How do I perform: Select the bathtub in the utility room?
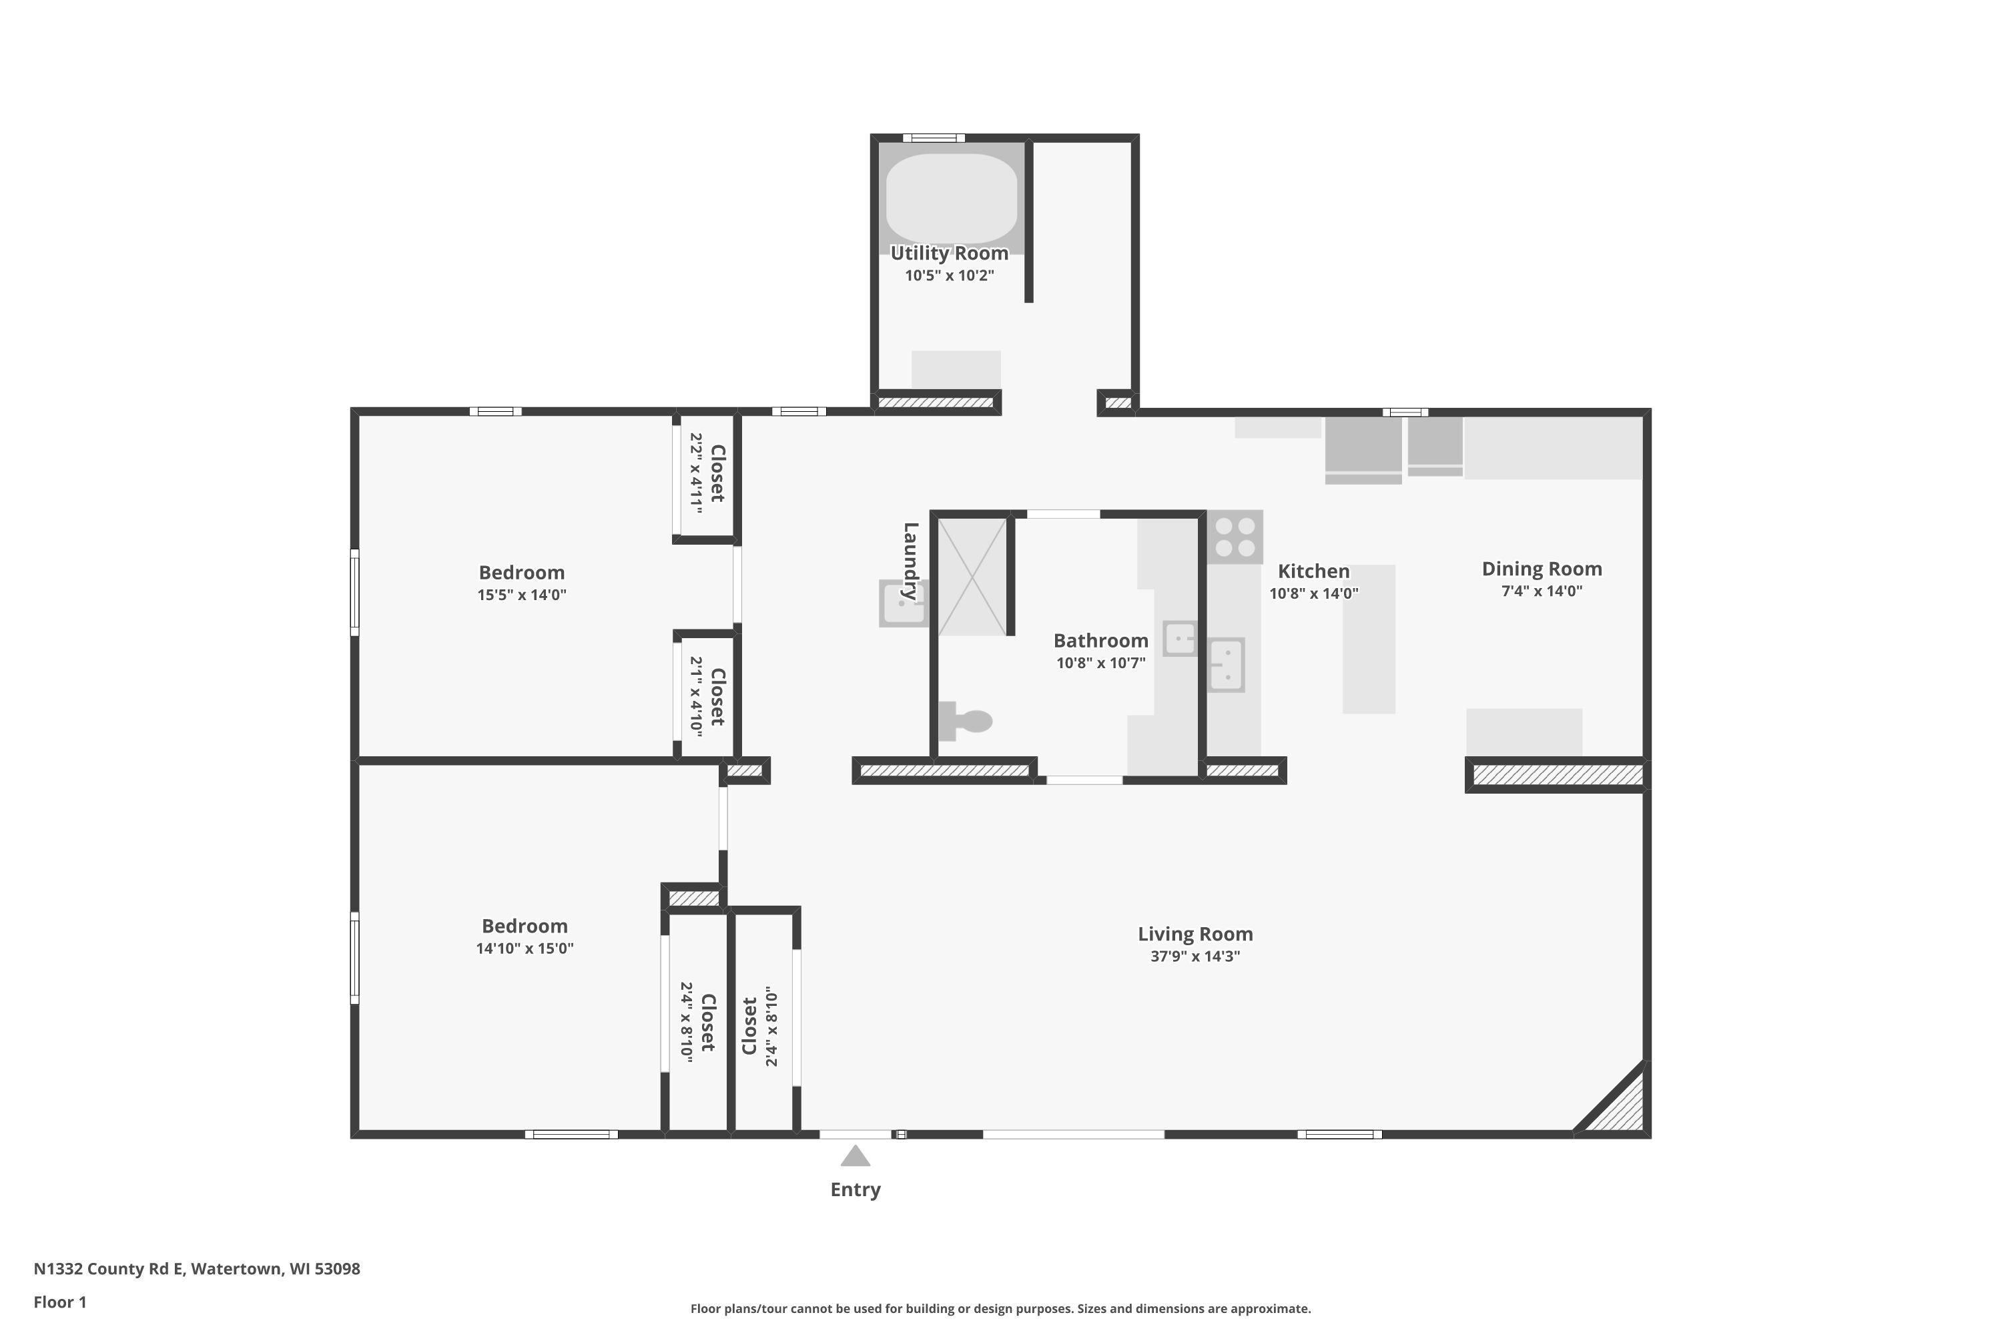point(951,198)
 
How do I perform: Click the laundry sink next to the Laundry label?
point(902,603)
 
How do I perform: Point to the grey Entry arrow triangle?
point(855,1156)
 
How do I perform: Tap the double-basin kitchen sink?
point(1226,665)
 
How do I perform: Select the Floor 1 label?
point(59,1302)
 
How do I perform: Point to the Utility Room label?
point(949,253)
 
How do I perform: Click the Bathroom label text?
point(1100,640)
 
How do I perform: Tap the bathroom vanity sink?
point(1180,637)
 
